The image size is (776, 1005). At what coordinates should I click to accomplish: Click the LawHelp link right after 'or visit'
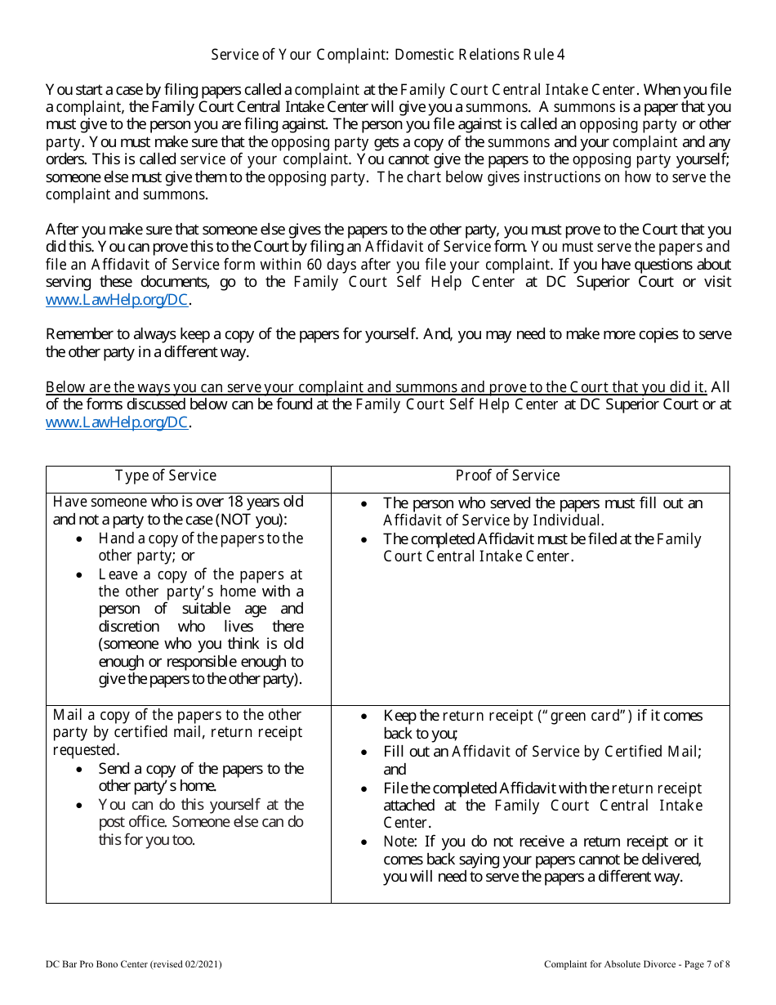pos(118,300)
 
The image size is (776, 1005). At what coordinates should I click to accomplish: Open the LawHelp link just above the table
pos(118,422)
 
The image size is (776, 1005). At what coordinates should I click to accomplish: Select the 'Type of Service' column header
pos(166,476)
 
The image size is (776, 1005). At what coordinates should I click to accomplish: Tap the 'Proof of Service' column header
pos(507,476)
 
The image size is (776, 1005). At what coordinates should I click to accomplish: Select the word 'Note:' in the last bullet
pos(401,842)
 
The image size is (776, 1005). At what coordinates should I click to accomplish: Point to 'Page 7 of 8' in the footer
pos(703,964)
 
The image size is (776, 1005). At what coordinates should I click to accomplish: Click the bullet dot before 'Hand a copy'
pos(78,539)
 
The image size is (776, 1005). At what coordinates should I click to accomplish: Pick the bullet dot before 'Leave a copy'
pos(78,575)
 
